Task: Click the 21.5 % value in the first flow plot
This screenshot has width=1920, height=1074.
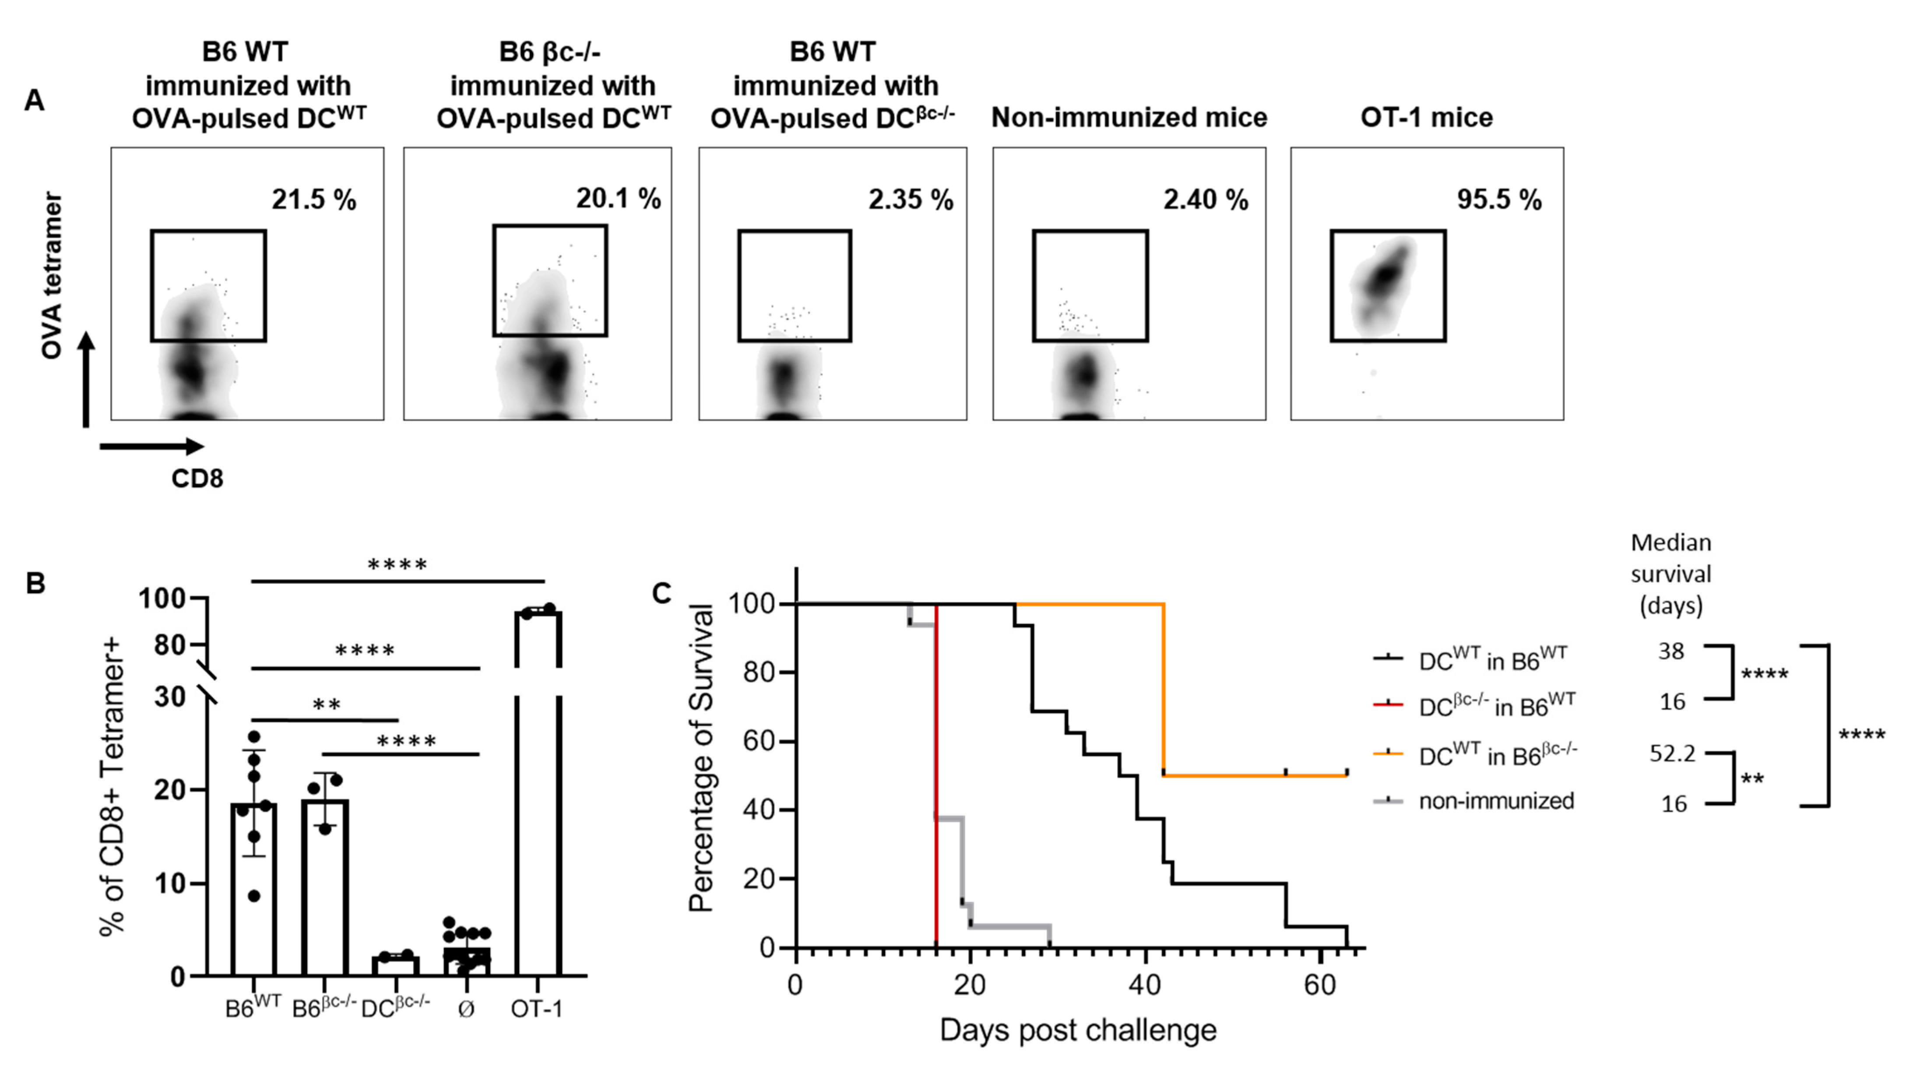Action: tap(314, 200)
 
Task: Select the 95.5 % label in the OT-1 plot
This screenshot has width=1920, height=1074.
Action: tap(1499, 200)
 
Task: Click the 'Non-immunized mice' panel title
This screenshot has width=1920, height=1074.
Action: tap(1129, 118)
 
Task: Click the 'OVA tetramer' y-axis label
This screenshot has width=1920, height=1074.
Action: tap(52, 276)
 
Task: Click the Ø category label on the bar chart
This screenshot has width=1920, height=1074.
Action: tap(466, 1009)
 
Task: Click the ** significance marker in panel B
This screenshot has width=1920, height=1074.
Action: tap(327, 705)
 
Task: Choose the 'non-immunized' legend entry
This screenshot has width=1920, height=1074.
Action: tap(1496, 801)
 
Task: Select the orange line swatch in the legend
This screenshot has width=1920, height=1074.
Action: tap(1388, 754)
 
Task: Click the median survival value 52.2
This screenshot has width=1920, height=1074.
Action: tap(1672, 754)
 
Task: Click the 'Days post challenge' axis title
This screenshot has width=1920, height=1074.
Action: tap(1078, 1031)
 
